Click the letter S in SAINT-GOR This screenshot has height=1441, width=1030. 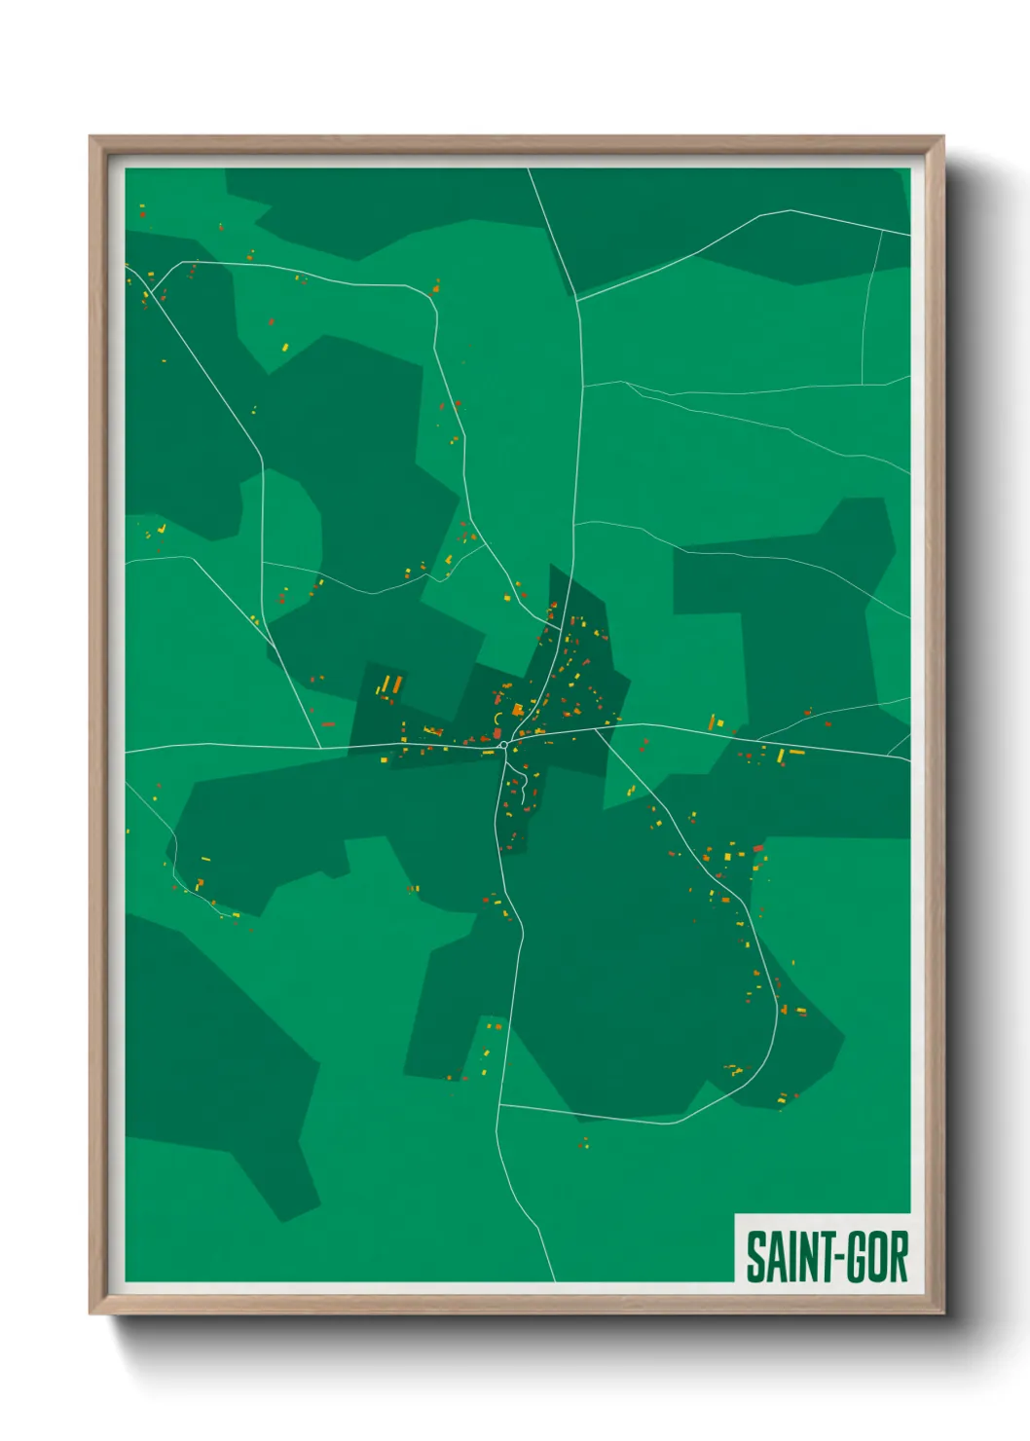(755, 1257)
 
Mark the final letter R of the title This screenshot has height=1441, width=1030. (897, 1257)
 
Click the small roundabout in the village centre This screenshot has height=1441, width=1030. (503, 745)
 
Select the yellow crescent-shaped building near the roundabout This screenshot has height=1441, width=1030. (497, 720)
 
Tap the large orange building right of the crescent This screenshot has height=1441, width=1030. (518, 711)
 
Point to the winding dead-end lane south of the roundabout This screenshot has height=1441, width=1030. (522, 784)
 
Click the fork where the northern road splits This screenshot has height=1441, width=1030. (577, 299)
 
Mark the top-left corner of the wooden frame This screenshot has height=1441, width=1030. (92, 138)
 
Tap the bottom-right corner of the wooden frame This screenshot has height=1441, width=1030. (942, 1312)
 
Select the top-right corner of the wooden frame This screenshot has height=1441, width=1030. (942, 138)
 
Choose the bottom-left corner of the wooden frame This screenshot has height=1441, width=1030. (92, 1312)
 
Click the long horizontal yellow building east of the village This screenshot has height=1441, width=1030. (796, 752)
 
